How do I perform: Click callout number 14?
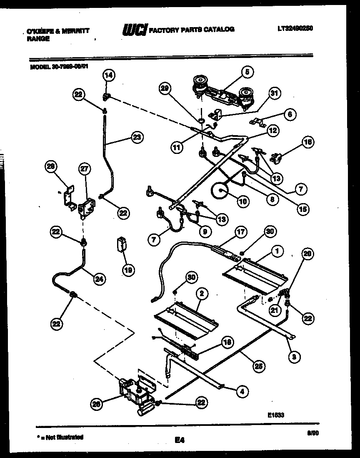[x=108, y=75]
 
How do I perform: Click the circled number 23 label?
[x=136, y=137]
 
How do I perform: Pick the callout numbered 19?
[x=129, y=270]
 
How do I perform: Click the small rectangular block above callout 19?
[x=122, y=244]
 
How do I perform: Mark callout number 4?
[x=242, y=391]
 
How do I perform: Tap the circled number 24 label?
[x=99, y=279]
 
